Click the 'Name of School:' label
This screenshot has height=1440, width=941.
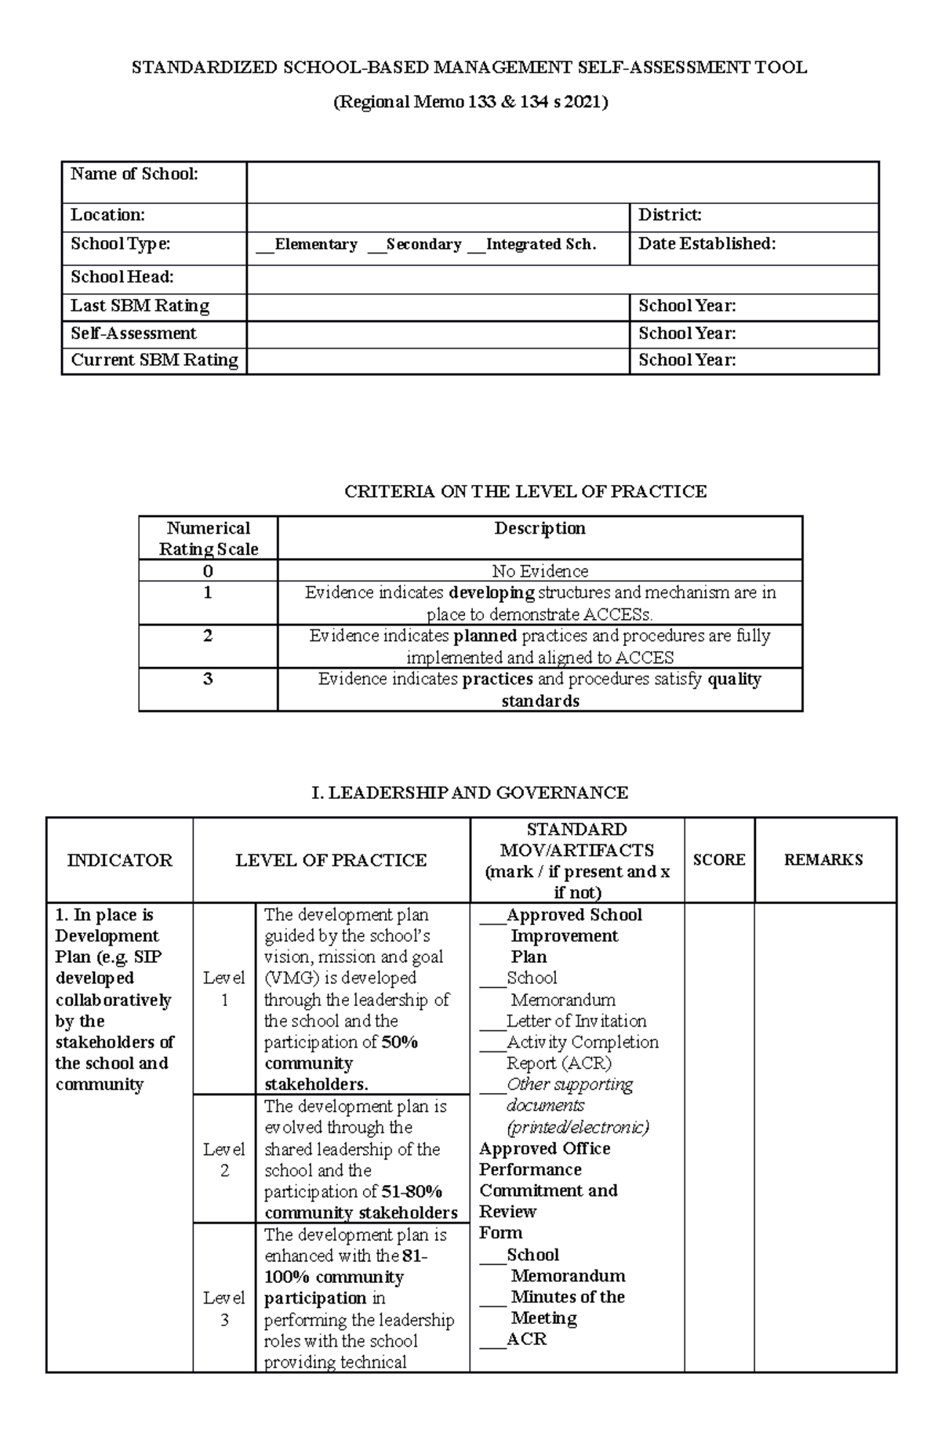(134, 174)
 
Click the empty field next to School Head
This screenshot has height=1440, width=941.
(561, 279)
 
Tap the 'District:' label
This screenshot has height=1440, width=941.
(670, 215)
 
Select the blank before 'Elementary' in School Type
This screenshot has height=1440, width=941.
(264, 246)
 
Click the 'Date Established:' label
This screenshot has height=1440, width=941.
(707, 244)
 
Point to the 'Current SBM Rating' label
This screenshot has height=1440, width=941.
(154, 360)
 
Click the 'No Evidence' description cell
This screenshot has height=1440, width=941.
(540, 571)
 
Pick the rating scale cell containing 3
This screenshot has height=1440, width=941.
(208, 680)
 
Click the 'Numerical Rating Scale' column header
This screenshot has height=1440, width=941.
(208, 538)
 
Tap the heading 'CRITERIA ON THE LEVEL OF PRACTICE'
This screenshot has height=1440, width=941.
(525, 492)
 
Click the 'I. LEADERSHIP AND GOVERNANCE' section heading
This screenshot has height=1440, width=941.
(470, 793)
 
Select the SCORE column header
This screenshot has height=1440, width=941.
(719, 860)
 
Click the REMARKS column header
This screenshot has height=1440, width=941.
(823, 860)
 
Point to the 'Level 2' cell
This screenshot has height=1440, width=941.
(224, 1160)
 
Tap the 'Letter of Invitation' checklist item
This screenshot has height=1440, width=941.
(576, 1021)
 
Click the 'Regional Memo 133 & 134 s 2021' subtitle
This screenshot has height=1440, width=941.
(470, 102)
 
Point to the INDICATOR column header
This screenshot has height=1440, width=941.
(119, 860)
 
